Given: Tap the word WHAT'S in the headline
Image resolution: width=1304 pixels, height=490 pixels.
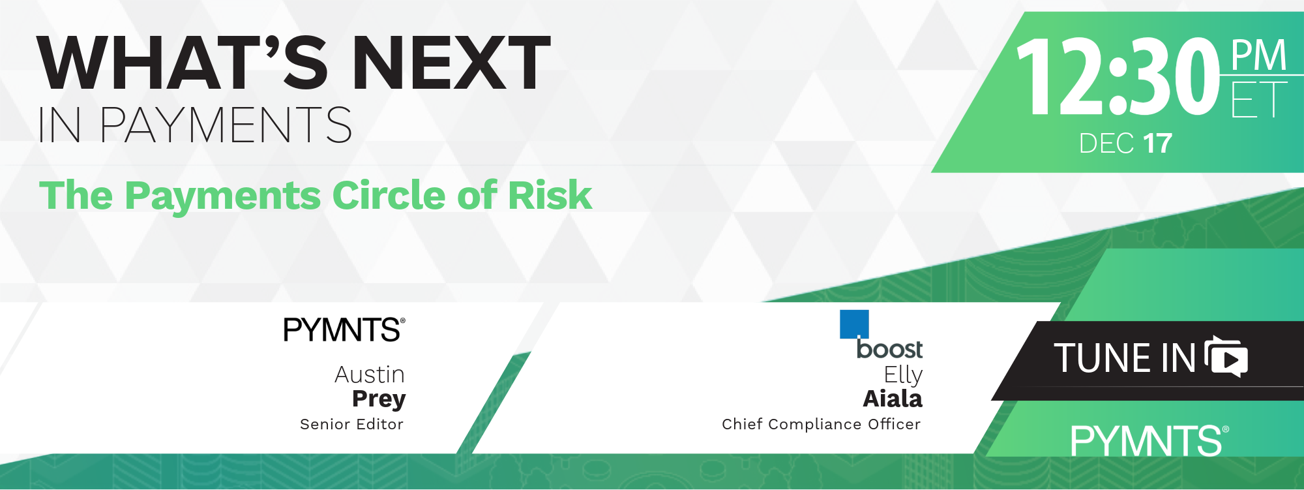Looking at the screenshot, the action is [x=183, y=63].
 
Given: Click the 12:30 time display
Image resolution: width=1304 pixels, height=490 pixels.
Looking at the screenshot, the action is [x=1118, y=76].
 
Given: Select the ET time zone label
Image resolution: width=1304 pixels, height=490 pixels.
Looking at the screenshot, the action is [x=1259, y=99].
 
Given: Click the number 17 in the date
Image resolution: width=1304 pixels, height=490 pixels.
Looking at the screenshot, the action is [x=1157, y=144].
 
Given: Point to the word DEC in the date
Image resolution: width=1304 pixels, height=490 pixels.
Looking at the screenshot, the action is [x=1107, y=144].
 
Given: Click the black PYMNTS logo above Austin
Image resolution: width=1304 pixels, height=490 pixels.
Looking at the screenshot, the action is [x=344, y=329].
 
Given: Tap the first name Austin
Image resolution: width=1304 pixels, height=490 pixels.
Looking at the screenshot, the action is [x=370, y=375].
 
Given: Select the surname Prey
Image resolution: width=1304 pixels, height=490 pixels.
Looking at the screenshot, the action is [x=379, y=399].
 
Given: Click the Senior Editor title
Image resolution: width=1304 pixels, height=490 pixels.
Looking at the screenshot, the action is [x=351, y=424].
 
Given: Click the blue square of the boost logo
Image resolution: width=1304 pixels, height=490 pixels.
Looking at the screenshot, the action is [x=854, y=324].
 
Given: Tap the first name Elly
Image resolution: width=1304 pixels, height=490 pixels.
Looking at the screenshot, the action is [x=903, y=375].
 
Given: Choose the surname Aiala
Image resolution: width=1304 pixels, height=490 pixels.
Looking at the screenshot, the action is [x=893, y=399].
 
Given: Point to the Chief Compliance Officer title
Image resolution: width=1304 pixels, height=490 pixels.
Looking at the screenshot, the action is [x=821, y=424].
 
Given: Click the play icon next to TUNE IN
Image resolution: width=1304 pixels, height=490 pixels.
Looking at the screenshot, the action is [x=1227, y=358].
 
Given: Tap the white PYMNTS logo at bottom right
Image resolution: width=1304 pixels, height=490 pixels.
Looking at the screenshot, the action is [x=1149, y=440].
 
